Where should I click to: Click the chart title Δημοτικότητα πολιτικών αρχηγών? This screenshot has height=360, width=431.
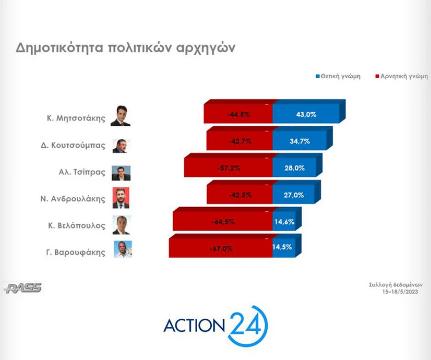125,48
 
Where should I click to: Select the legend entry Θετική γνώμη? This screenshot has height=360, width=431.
338,76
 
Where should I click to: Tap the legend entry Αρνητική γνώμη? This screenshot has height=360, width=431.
402,76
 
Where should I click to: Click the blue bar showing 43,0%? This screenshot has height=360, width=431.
306,114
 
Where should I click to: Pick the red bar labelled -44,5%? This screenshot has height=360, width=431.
238,114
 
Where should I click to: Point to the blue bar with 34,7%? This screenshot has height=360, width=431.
300,141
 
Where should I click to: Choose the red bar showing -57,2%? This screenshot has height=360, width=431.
228,167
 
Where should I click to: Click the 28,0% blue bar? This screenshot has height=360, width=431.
294,167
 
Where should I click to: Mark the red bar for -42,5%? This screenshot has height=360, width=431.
240,195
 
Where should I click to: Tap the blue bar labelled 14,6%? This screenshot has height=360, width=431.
284,221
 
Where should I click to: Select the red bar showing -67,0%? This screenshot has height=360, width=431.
221,248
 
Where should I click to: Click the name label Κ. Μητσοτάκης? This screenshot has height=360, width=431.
76,118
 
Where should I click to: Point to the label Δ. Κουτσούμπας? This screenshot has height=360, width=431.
73,145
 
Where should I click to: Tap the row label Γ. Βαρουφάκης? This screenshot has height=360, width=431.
76,253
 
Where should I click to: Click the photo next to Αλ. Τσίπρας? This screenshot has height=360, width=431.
121,173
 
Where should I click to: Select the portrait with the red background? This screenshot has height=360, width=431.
121,198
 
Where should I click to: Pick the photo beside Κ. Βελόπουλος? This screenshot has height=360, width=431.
122,225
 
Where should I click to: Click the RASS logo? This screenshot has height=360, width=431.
23,288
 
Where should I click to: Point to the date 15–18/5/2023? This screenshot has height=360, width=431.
400,292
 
